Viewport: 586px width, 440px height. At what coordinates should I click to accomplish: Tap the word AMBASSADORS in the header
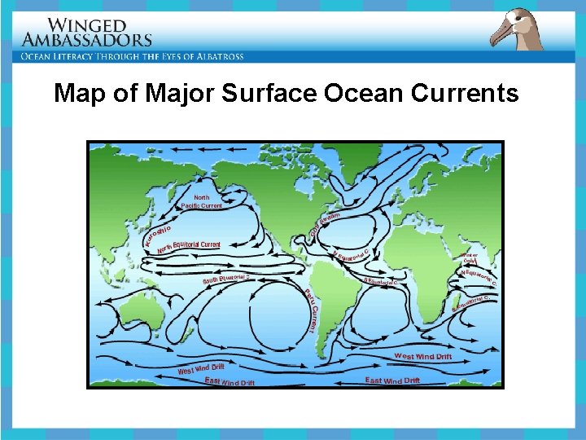pyautogui.click(x=87, y=39)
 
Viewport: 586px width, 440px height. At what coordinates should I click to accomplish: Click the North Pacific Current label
pyautogui.click(x=201, y=201)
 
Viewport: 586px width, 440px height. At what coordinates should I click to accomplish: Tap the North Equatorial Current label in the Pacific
pyautogui.click(x=189, y=246)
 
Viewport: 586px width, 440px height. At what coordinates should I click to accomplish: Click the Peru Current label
pyautogui.click(x=309, y=310)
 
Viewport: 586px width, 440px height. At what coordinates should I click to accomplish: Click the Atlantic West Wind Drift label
pyautogui.click(x=423, y=356)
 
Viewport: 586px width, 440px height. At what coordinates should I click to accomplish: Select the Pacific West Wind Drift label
pyautogui.click(x=201, y=369)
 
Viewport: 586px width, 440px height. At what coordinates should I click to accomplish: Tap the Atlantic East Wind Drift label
pyautogui.click(x=392, y=381)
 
